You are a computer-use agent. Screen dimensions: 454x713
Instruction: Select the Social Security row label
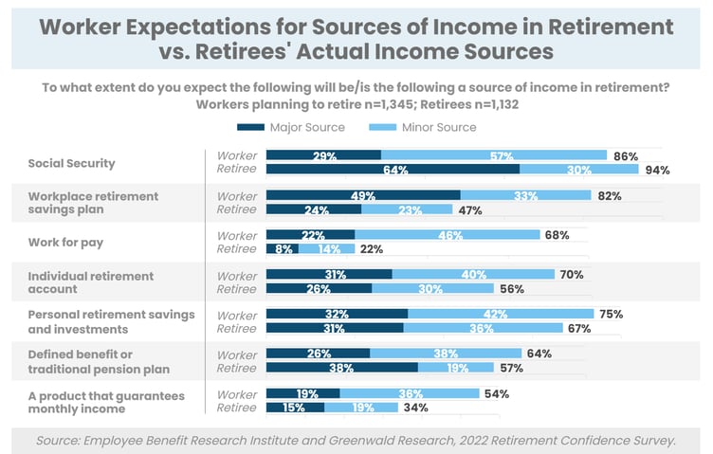click(71, 163)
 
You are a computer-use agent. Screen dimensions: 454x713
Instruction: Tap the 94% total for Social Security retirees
click(658, 171)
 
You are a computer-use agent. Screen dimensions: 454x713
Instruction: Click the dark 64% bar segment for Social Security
click(393, 171)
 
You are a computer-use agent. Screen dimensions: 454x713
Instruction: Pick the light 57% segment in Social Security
click(494, 155)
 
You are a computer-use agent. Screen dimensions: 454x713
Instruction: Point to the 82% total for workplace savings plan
click(609, 195)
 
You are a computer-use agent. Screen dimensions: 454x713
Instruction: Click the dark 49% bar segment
click(363, 195)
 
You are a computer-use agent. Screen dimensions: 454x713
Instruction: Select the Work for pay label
click(65, 242)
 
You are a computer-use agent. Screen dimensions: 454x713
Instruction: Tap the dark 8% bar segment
click(283, 248)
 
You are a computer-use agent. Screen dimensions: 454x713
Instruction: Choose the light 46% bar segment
click(447, 235)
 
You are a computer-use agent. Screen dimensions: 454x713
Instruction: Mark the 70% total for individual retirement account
click(573, 275)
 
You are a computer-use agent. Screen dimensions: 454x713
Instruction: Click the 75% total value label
click(612, 314)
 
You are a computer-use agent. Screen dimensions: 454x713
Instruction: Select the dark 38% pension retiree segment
click(342, 367)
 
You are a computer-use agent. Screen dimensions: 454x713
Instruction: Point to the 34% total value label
click(415, 408)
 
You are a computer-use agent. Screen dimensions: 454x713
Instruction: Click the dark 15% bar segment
click(295, 408)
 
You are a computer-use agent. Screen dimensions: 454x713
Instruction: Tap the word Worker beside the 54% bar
click(237, 393)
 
